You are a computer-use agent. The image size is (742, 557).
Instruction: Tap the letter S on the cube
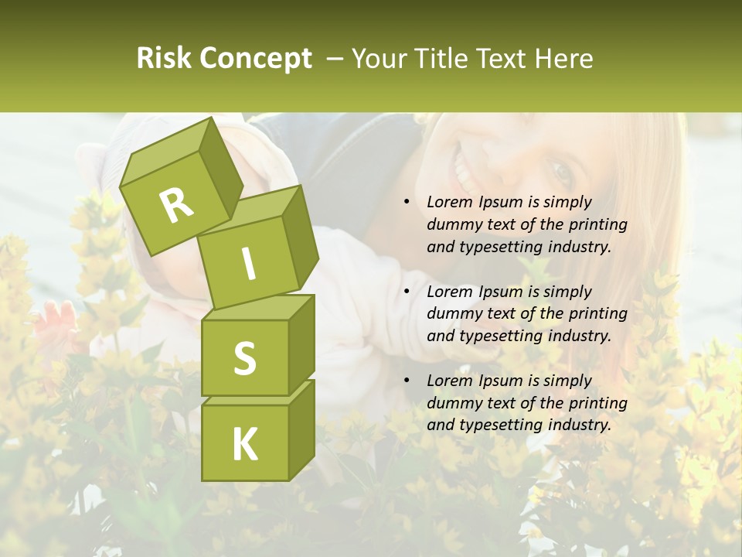tap(244, 359)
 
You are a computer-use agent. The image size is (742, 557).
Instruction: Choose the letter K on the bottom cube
tap(244, 444)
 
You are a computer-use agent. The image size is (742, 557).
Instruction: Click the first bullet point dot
tap(407, 203)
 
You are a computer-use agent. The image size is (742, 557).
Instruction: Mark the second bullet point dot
tap(407, 292)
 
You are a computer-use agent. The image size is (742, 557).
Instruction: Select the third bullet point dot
tap(407, 381)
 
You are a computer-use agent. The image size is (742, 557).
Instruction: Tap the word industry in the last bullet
tap(579, 425)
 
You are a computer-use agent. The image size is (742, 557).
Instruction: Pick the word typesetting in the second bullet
tap(499, 336)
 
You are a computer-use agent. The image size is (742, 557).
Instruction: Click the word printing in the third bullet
tap(598, 403)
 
